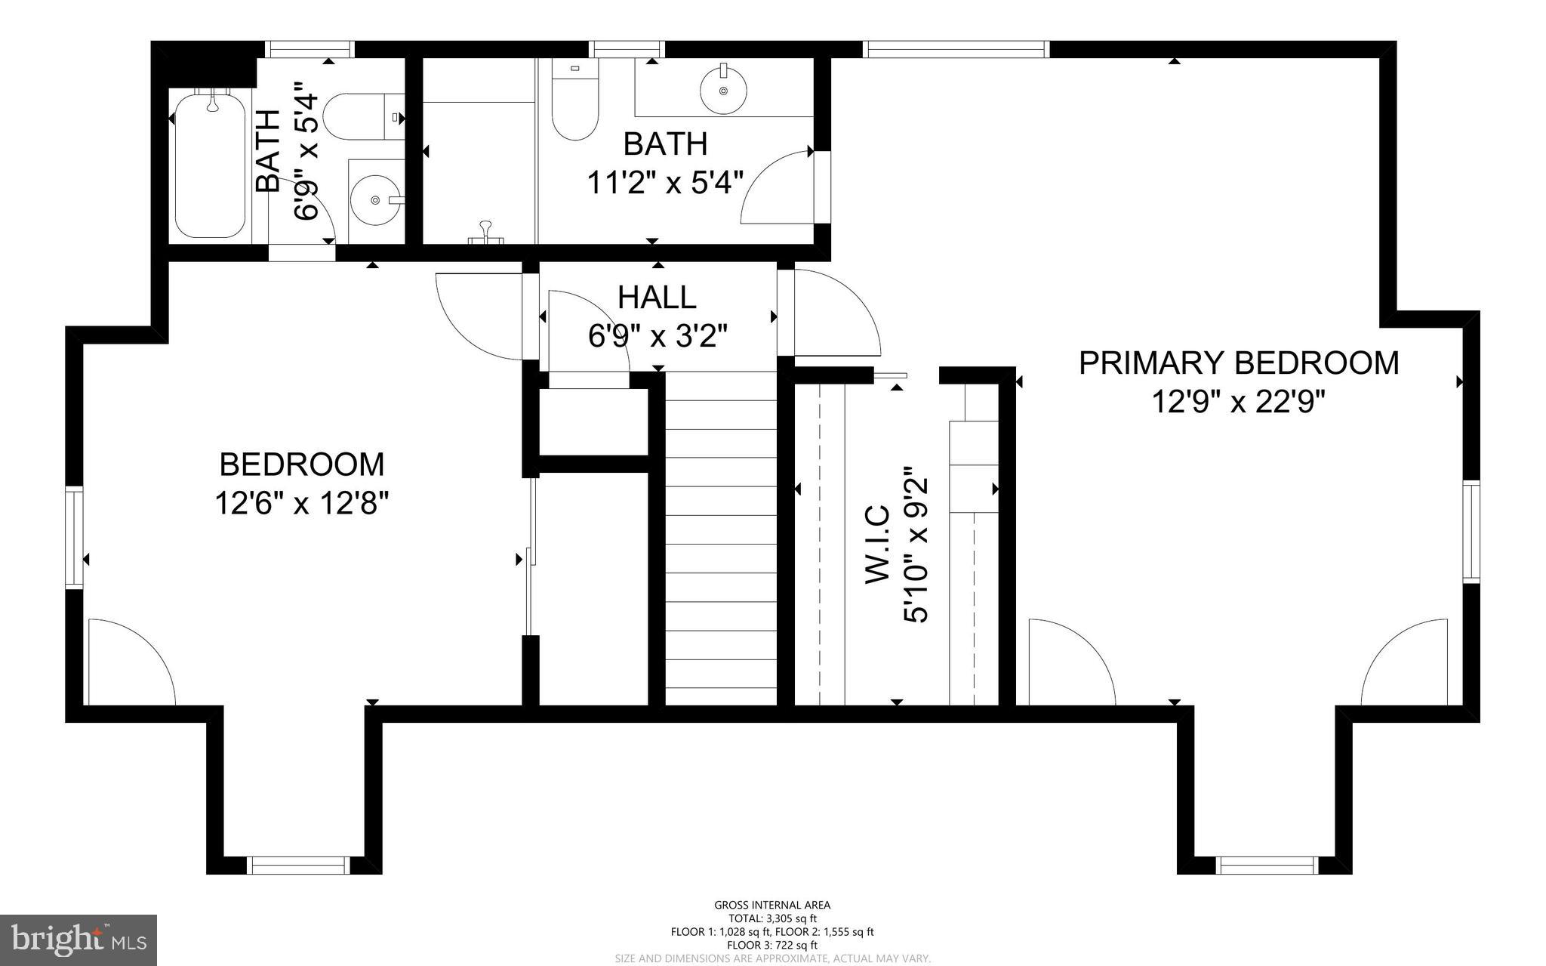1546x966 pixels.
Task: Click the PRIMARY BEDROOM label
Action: (x=1238, y=363)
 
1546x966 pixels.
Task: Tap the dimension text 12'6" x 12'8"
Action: (x=301, y=502)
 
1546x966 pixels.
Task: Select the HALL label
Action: (x=657, y=298)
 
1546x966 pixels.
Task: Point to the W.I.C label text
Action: (x=877, y=544)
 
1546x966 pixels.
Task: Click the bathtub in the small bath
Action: (x=211, y=164)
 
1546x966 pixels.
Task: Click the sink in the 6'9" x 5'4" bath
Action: (x=375, y=199)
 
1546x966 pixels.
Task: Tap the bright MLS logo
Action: (x=79, y=940)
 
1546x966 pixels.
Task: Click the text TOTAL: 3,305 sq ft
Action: (x=772, y=918)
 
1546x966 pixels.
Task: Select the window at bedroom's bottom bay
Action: (x=300, y=866)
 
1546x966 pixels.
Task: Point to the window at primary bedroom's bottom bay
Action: (x=1267, y=866)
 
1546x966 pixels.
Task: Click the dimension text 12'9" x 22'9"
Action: (x=1238, y=402)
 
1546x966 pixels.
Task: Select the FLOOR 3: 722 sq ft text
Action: (x=772, y=945)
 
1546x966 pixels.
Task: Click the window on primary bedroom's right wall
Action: (x=1471, y=532)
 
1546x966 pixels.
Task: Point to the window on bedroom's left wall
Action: (x=74, y=537)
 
